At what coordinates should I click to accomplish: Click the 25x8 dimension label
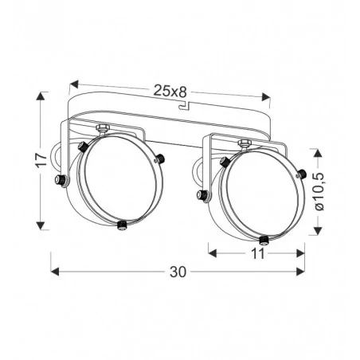click(x=170, y=92)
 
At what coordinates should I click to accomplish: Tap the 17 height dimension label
click(x=41, y=160)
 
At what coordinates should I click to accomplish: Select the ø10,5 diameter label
click(x=319, y=191)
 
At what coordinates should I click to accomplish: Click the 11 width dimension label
click(x=257, y=253)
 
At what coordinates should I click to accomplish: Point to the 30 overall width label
click(x=178, y=272)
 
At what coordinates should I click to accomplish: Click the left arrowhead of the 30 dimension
click(x=55, y=272)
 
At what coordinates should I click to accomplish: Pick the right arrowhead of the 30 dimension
click(x=300, y=272)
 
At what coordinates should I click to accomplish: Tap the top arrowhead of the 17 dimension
click(x=41, y=96)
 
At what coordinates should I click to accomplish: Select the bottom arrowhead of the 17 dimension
click(x=41, y=225)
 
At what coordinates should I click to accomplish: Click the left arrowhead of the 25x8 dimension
click(x=74, y=84)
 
